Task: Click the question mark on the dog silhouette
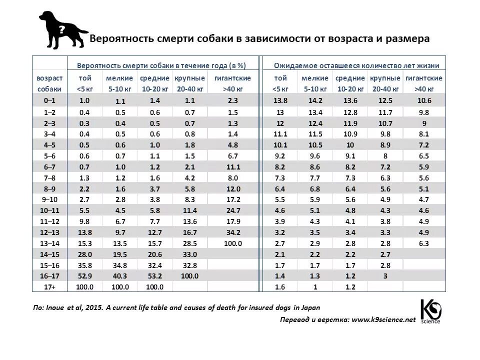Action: click(x=61, y=29)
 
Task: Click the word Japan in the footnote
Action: click(x=309, y=308)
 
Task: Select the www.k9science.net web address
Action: click(x=383, y=320)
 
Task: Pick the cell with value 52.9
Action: click(x=84, y=276)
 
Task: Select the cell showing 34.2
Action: click(x=232, y=232)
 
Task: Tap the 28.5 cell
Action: click(x=189, y=243)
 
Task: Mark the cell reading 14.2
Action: click(x=315, y=100)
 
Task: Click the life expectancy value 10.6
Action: click(x=423, y=100)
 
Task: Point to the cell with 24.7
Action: click(x=232, y=210)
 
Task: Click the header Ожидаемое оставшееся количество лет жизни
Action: click(x=356, y=65)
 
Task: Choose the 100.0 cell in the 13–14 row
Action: click(x=232, y=243)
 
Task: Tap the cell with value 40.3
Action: click(x=119, y=276)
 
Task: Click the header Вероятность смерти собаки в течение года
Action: click(x=161, y=65)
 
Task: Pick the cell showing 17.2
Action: click(x=232, y=199)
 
